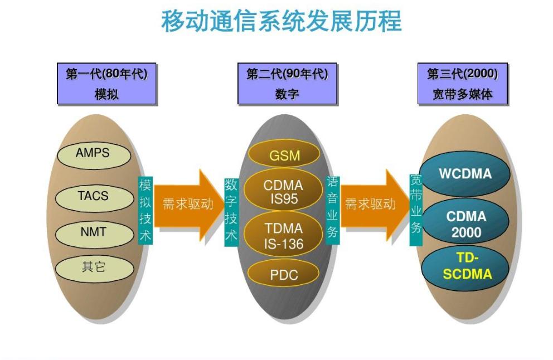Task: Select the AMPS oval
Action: click(x=93, y=153)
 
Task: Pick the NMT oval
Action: click(x=93, y=232)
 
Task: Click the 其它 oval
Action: click(x=93, y=267)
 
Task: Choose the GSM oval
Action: click(x=284, y=155)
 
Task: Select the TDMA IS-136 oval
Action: click(x=284, y=236)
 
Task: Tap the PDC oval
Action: click(x=284, y=274)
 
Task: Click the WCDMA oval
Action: click(x=465, y=174)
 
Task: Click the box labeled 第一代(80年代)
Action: click(x=106, y=84)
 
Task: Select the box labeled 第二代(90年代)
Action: click(x=287, y=84)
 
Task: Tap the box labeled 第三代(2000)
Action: click(x=462, y=84)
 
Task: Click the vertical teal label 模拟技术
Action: click(x=145, y=210)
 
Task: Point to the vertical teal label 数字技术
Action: click(x=231, y=210)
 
